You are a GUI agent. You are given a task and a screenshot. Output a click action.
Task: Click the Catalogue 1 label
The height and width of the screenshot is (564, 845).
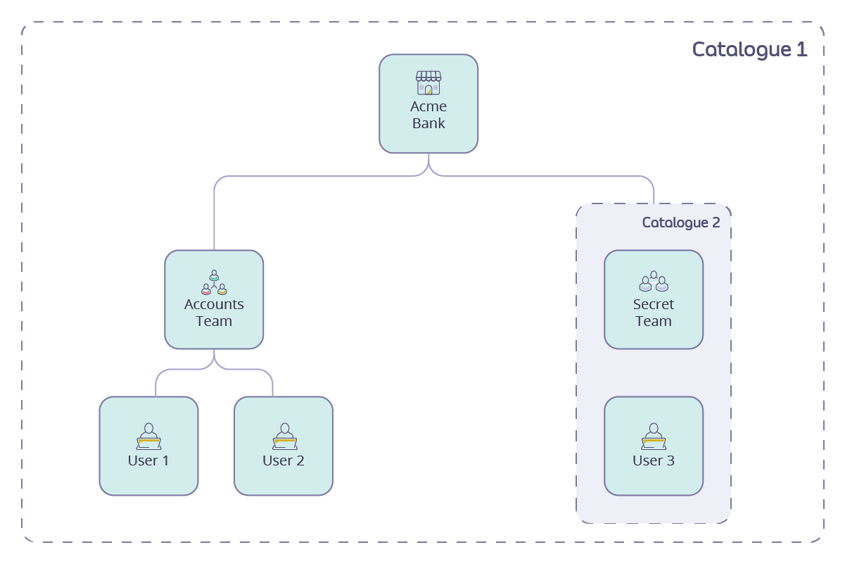coord(749,49)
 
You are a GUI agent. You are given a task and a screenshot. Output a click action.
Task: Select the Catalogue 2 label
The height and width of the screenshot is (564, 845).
coord(681,223)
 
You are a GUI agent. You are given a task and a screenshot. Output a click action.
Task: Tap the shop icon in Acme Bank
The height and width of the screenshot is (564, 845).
coord(428,82)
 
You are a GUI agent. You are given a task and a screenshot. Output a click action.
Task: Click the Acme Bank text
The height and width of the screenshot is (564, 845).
coord(428,115)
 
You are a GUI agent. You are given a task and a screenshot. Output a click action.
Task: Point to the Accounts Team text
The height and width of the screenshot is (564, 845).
coord(214,313)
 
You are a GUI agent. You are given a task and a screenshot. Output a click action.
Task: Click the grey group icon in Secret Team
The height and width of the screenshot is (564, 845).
coord(654,282)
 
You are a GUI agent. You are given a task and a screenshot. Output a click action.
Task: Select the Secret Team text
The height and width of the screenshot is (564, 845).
coord(654,313)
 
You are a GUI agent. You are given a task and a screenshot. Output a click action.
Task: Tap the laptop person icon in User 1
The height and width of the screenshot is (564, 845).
coord(148,437)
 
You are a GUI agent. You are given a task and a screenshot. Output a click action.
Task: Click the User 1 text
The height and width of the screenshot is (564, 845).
coord(148,460)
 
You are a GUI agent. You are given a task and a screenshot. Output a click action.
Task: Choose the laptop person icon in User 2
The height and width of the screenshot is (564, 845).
coord(284,437)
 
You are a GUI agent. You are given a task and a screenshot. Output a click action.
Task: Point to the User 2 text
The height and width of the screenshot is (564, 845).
coord(284,460)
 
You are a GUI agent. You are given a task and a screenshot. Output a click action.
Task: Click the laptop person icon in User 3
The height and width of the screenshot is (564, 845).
coord(654,437)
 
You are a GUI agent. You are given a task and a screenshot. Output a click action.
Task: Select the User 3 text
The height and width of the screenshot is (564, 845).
coord(654,460)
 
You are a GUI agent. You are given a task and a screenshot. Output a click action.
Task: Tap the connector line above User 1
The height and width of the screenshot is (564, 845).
coord(155,384)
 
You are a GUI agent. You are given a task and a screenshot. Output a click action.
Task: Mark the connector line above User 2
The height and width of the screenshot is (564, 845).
coord(272,384)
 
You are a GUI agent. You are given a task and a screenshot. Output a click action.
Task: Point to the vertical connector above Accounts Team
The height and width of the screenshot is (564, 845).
coord(214,218)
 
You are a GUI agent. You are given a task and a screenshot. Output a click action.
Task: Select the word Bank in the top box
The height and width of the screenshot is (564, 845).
coord(428,123)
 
